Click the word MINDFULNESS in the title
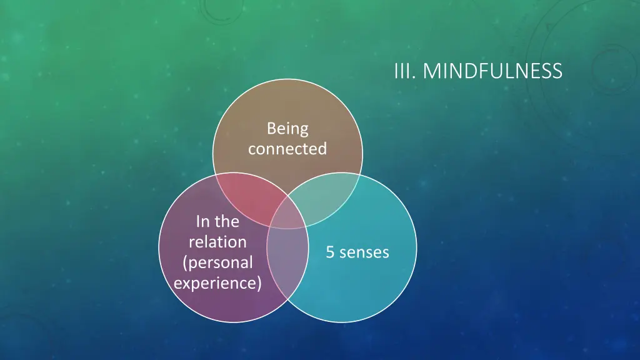pos(492,71)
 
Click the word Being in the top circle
pos(287,129)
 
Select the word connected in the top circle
pos(287,149)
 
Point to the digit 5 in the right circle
pos(330,252)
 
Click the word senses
pos(364,252)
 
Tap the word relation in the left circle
pos(217,241)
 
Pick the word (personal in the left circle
pos(217,262)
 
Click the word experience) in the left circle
pos(217,282)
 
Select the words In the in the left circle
pos(217,221)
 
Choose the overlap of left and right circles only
pos(287,262)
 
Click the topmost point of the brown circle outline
pos(287,79)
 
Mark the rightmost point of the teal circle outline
pos(417,248)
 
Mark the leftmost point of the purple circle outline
pos(159,248)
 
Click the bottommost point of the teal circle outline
pos(342,322)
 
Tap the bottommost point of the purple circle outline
pos(233,322)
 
